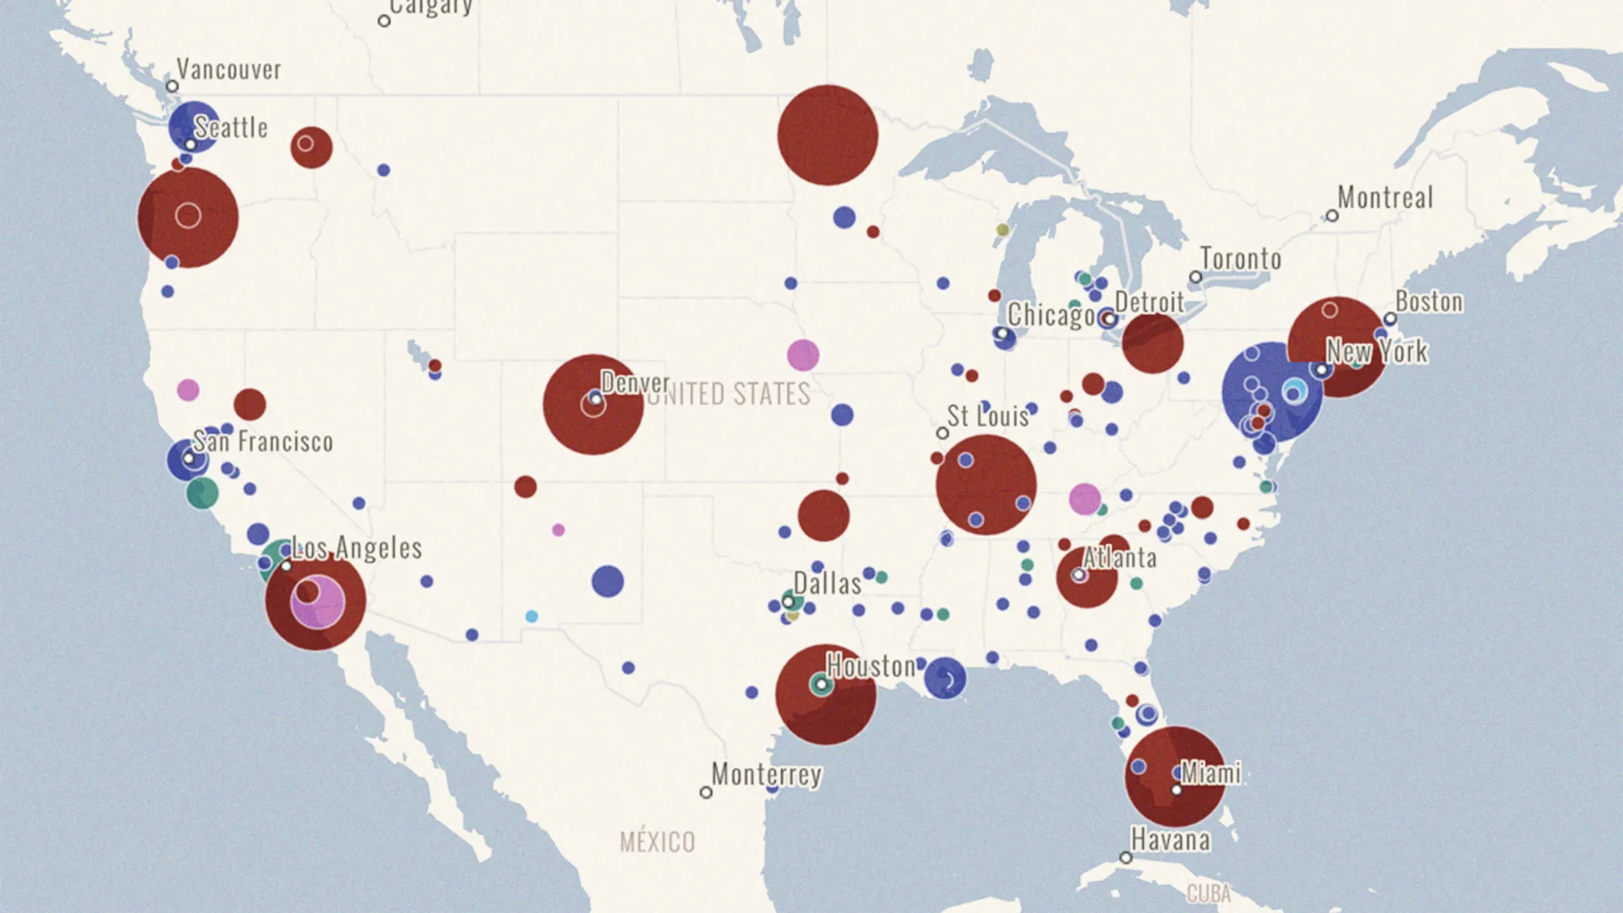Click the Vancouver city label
228,69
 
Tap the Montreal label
1385,198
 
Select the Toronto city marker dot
1195,277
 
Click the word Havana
1170,840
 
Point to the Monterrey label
766,774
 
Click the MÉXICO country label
657,842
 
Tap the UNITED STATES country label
729,394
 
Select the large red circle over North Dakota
828,135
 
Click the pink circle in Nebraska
802,355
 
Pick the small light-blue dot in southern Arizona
532,616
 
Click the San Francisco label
263,441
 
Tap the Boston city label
1429,302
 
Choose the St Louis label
987,416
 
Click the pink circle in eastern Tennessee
1085,499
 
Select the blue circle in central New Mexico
607,582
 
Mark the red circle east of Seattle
311,147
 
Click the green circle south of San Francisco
202,493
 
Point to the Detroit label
1149,302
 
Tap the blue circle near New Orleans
944,678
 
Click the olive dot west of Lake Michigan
1003,230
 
